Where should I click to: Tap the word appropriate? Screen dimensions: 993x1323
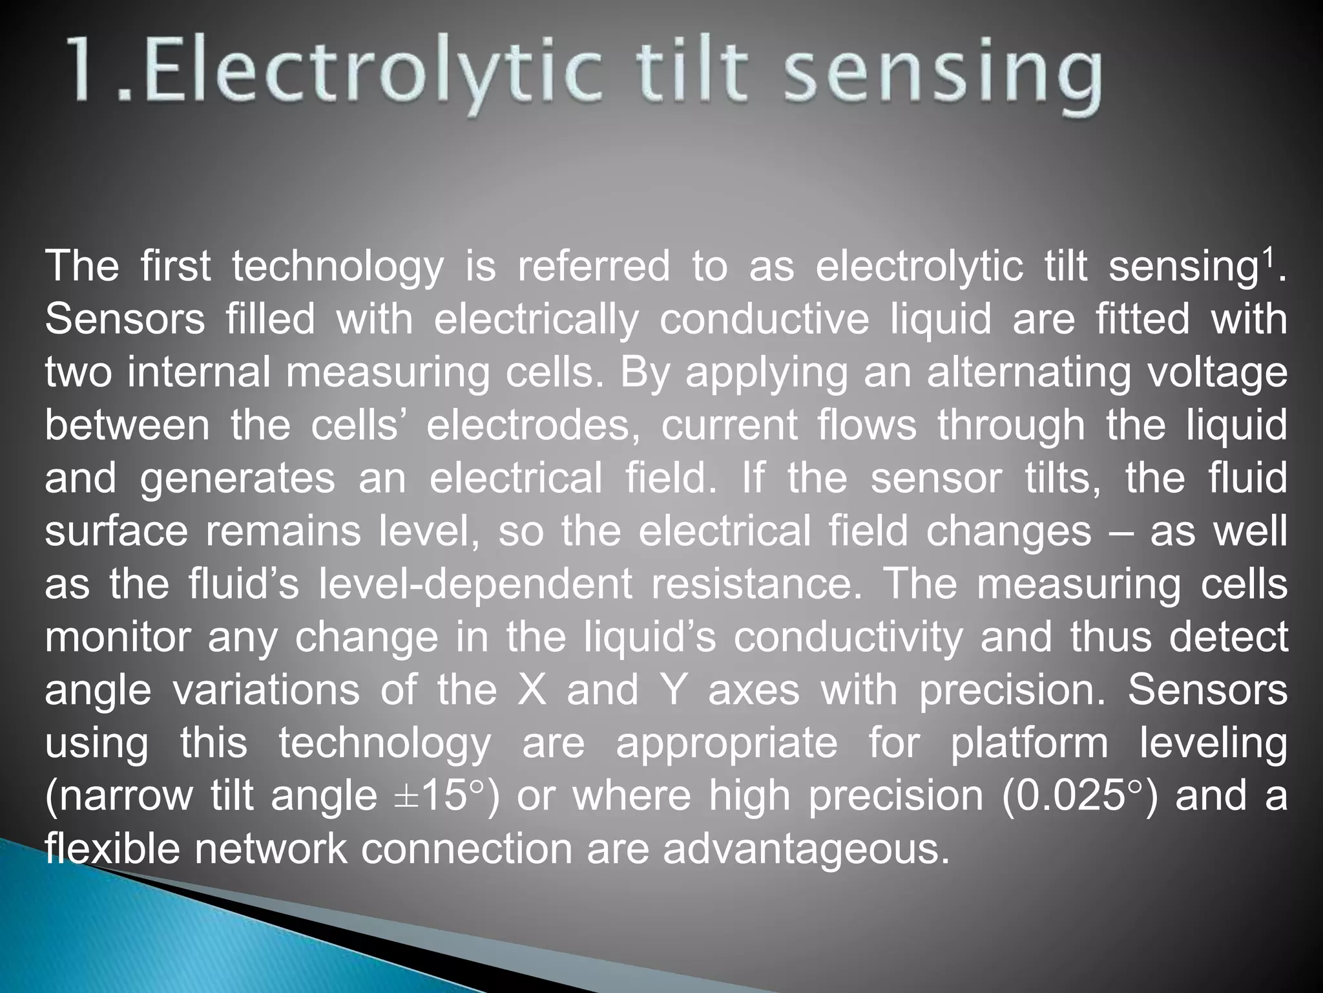[726, 743]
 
